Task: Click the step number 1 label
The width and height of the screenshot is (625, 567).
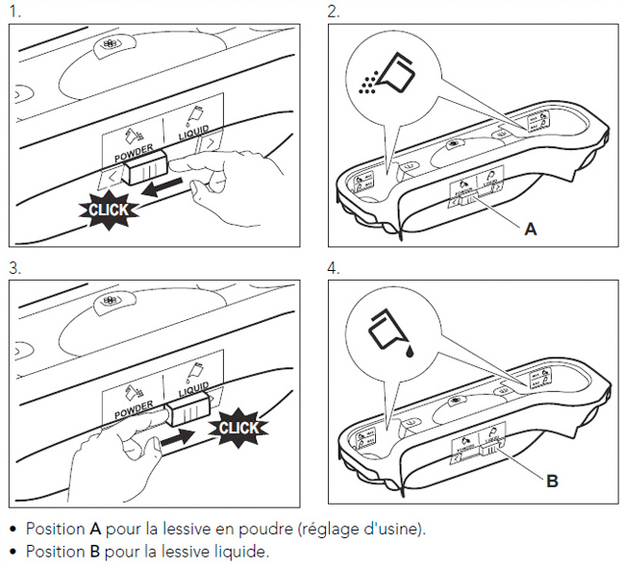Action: click(x=12, y=12)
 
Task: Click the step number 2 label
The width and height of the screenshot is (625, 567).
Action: click(x=333, y=12)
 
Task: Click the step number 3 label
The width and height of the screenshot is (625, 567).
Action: click(x=12, y=267)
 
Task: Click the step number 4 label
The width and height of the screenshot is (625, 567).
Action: click(x=333, y=267)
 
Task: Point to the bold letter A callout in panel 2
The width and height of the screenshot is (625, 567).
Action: click(x=530, y=229)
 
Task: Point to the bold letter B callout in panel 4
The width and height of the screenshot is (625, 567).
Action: click(x=552, y=481)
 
